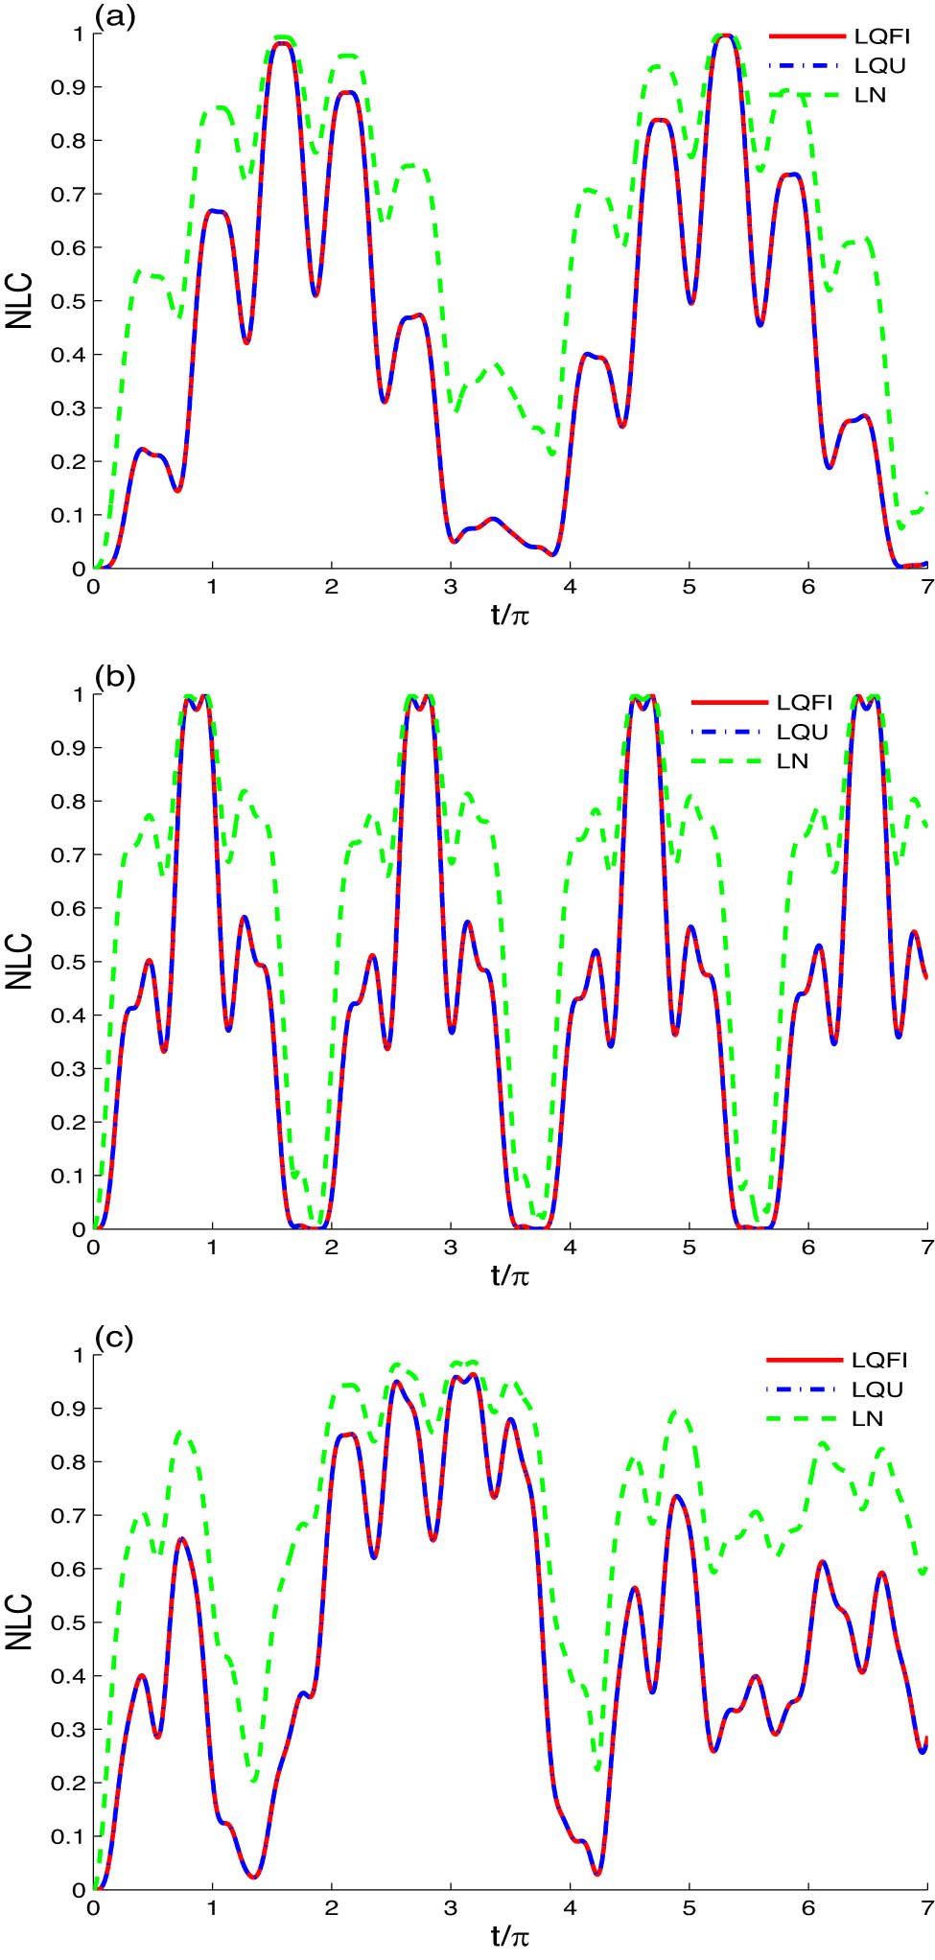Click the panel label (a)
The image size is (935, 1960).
tap(115, 16)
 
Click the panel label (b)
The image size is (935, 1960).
tap(115, 677)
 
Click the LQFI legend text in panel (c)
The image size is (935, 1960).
tap(879, 1360)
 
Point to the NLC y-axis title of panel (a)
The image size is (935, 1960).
tap(19, 301)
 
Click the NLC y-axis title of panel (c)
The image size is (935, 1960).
tap(19, 1622)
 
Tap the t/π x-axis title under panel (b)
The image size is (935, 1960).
tap(510, 1275)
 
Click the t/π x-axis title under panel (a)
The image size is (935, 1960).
tap(510, 615)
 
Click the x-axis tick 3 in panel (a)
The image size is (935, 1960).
tap(451, 587)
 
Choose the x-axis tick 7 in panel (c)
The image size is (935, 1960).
tap(926, 1908)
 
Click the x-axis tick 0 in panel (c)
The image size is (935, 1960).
tap(93, 1908)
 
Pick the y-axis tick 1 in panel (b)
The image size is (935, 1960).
tap(80, 694)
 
